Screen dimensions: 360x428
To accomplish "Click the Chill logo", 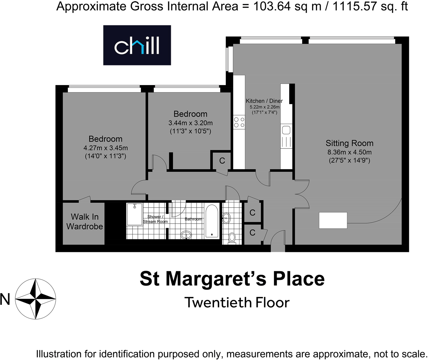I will tap(137, 45).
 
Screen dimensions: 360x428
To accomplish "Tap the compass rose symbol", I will tap(35, 299).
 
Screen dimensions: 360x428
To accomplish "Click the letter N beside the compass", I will tap(5, 299).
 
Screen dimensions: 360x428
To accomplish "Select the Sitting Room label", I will tap(349, 143).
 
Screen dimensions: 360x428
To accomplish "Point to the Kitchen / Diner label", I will tap(264, 101).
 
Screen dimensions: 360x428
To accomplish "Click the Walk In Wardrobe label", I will tap(85, 222).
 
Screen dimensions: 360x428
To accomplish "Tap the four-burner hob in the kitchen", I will tap(239, 122).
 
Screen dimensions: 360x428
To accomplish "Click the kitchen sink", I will tap(286, 130).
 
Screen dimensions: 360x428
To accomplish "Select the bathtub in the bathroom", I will tap(212, 220).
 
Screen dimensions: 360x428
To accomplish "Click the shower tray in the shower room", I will tap(135, 214).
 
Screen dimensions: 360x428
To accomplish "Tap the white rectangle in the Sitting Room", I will tap(333, 220).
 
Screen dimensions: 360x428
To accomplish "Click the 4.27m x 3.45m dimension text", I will tap(105, 148).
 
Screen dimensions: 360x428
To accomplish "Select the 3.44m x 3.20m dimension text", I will tap(190, 123).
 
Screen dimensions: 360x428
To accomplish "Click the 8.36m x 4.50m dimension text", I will tap(349, 152).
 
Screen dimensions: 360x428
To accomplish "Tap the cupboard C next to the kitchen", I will tap(222, 161).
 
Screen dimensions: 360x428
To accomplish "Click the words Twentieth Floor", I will tap(237, 303).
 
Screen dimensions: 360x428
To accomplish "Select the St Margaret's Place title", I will tap(232, 279).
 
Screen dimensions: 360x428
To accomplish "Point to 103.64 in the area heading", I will tap(271, 6).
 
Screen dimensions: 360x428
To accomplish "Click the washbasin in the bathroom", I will tap(186, 235).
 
